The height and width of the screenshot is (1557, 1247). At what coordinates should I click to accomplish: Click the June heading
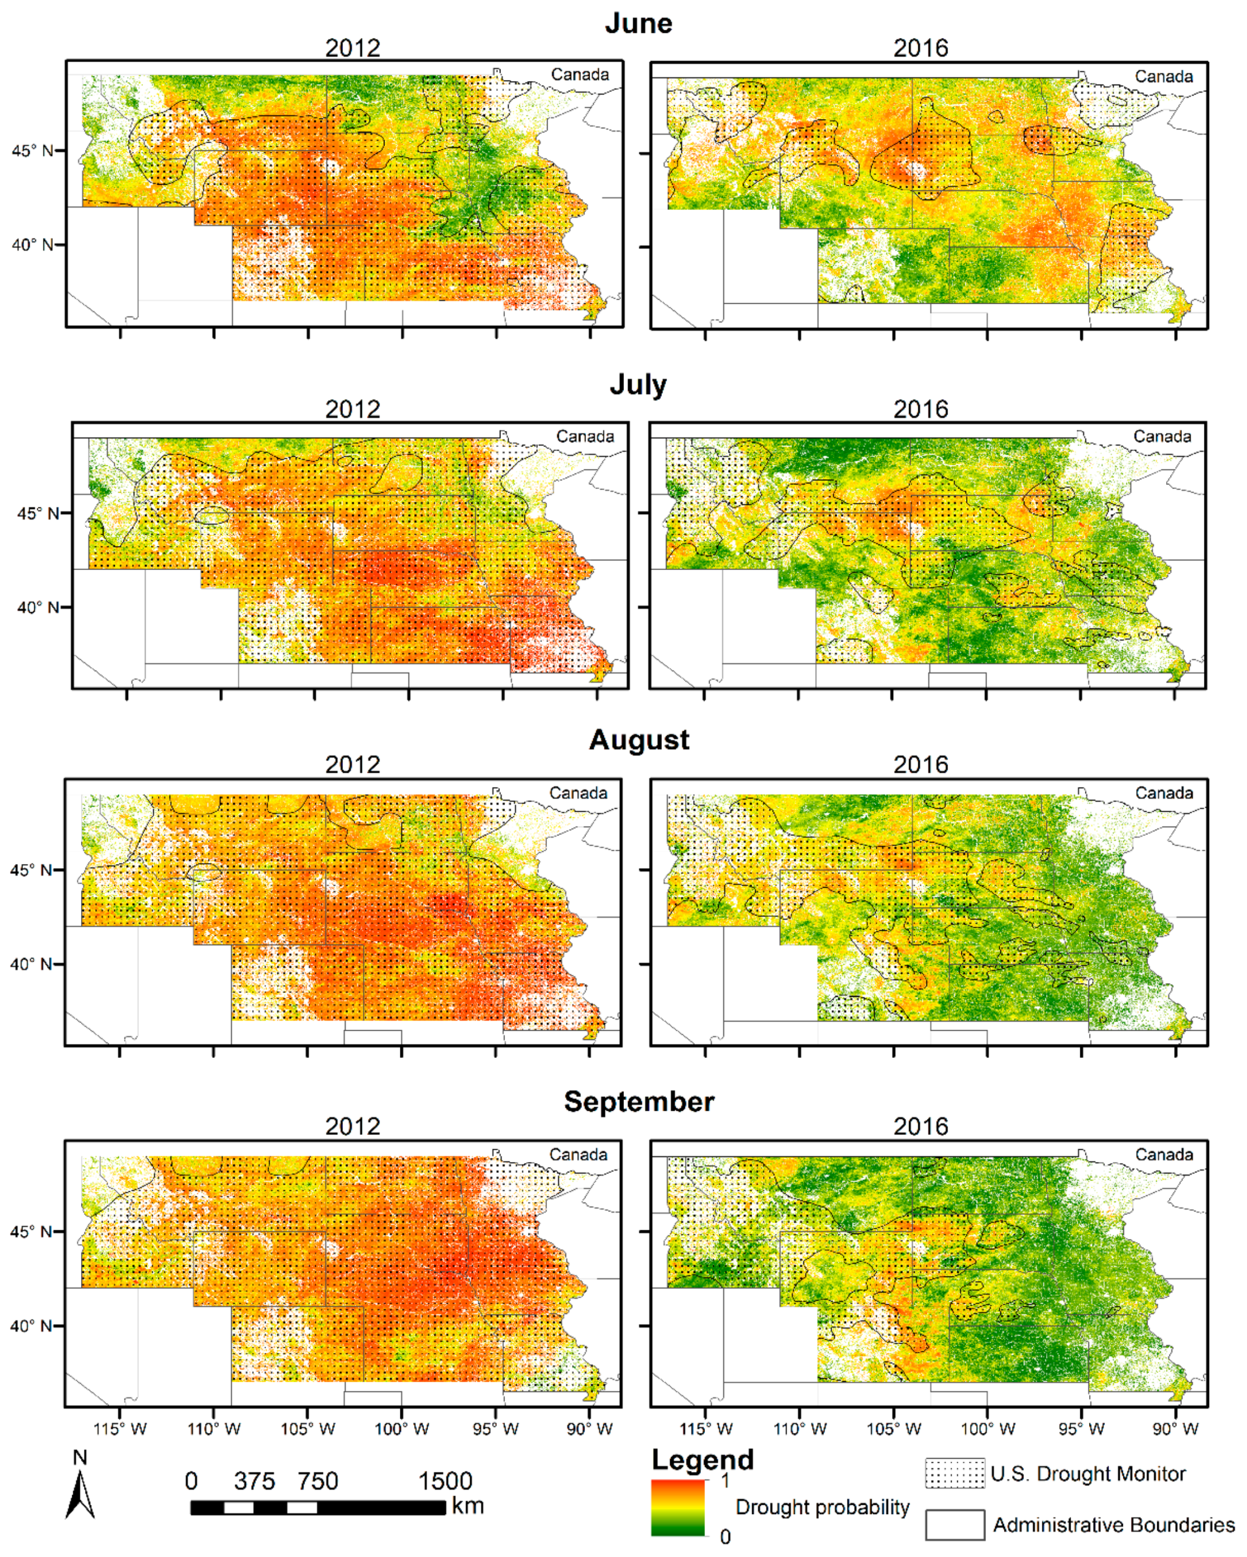(x=639, y=23)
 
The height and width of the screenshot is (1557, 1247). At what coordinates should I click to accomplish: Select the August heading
(x=639, y=739)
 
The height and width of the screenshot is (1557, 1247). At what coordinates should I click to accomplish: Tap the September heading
(x=639, y=1102)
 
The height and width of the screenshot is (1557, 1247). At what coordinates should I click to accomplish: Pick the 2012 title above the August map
(x=353, y=764)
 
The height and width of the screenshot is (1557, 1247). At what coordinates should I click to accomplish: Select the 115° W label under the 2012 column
(x=120, y=1428)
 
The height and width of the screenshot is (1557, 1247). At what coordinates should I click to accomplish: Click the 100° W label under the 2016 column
(x=987, y=1428)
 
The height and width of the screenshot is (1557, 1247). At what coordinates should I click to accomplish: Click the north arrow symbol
(x=80, y=1491)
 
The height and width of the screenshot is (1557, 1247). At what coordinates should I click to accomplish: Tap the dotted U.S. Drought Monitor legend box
(x=955, y=1473)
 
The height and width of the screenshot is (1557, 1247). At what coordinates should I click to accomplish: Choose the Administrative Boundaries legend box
(x=955, y=1524)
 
